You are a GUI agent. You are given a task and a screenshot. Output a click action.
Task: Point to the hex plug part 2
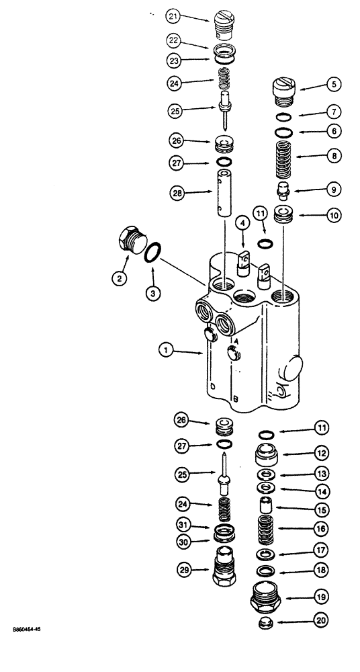[130, 241]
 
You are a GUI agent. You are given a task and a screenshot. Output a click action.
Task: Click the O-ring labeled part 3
[153, 254]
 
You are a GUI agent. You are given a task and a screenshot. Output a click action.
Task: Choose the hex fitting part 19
[267, 595]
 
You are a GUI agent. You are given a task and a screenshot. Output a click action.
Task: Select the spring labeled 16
[267, 529]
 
